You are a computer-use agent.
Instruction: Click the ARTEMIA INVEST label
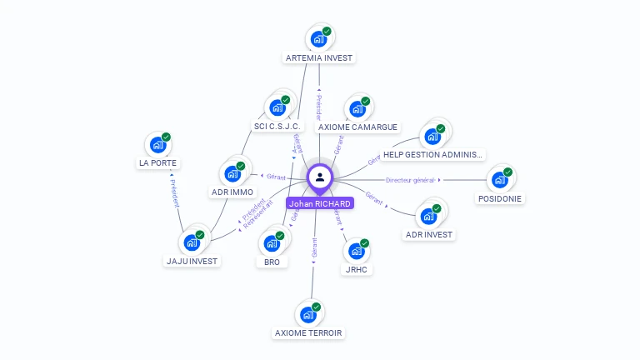319,58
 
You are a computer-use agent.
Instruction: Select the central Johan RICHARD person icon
320,177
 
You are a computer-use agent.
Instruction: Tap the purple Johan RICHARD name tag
320,203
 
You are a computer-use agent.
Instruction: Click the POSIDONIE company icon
500,179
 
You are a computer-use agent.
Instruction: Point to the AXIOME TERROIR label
308,332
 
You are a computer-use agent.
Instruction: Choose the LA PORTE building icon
157,144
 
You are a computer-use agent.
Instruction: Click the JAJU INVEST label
192,261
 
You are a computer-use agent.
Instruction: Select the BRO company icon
272,243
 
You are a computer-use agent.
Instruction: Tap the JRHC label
357,269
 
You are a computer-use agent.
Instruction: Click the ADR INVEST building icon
429,216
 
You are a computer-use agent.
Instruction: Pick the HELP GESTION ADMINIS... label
432,155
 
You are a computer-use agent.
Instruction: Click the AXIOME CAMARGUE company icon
357,108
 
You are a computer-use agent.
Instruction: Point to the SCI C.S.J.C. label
277,127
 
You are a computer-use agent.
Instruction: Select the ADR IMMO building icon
232,174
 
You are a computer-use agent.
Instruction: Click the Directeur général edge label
410,180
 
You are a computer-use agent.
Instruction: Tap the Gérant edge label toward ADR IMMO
276,177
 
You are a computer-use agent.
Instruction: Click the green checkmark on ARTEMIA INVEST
327,31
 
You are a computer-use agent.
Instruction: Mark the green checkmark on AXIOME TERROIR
316,307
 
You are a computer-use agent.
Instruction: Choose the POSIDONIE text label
500,199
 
